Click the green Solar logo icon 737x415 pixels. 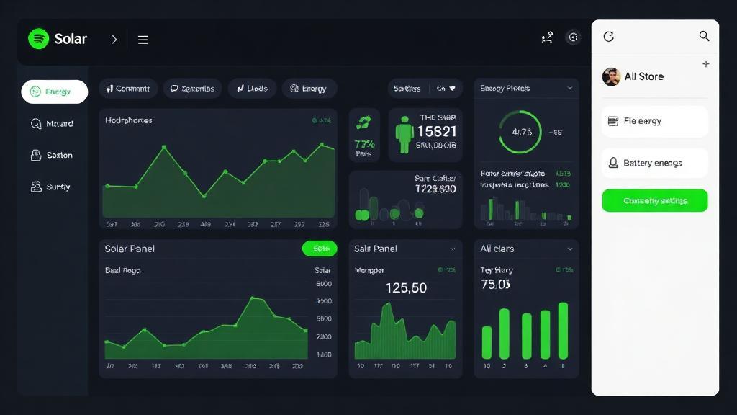(x=38, y=39)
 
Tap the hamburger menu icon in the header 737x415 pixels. (x=143, y=40)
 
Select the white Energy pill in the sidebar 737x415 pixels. (x=55, y=92)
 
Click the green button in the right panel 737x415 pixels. (x=654, y=200)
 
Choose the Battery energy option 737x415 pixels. (x=654, y=163)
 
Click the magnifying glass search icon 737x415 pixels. (x=704, y=36)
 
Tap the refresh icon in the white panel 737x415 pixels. (x=608, y=36)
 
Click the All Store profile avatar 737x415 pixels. (x=611, y=76)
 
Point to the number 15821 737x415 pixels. (x=437, y=131)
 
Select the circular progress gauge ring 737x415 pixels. (x=520, y=132)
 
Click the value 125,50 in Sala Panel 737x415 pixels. (x=406, y=287)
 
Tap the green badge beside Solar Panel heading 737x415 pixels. (x=320, y=249)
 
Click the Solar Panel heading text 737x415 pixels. (x=130, y=249)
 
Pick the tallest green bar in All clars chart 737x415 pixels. (x=563, y=330)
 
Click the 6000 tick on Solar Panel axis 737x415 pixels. (x=324, y=284)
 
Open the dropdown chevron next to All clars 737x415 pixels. (x=569, y=249)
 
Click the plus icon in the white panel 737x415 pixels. (x=705, y=64)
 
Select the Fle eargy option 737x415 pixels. (x=654, y=121)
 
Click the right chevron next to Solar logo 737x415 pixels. (x=114, y=40)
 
